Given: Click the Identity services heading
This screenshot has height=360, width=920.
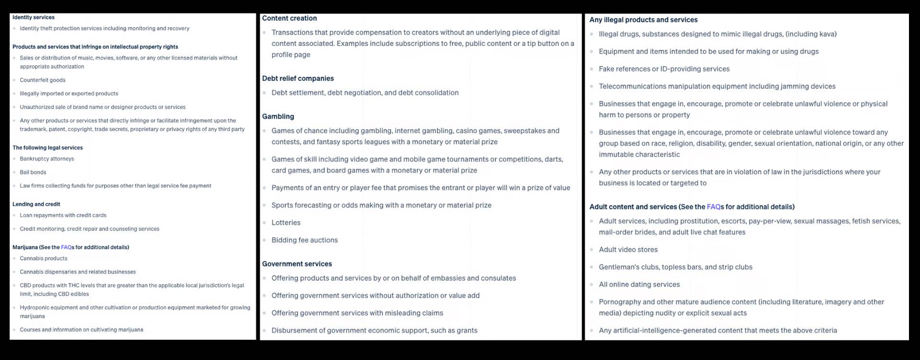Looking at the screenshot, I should click(34, 17).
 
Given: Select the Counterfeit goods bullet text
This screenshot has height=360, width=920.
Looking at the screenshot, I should click(43, 80).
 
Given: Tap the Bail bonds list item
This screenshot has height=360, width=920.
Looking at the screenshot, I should click(33, 172).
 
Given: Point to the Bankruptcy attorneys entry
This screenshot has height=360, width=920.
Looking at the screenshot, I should click(47, 159).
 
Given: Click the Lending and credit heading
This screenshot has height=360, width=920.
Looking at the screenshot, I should click(36, 204).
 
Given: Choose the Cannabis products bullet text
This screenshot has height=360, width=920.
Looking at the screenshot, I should click(44, 258).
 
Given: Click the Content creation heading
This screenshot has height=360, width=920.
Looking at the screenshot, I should click(289, 18).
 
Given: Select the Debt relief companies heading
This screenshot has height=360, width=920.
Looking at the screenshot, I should click(298, 78).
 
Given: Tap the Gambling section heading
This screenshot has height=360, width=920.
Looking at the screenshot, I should click(278, 116).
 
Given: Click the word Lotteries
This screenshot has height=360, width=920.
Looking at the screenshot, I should click(286, 222).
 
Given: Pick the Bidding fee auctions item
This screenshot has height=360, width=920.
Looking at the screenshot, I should click(305, 240).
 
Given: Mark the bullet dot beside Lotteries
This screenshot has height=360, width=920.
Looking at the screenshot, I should click(264, 223).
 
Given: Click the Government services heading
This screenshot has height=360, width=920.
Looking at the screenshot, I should click(297, 264).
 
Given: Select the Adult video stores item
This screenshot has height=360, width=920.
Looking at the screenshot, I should click(628, 250).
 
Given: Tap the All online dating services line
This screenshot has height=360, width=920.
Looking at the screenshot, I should click(639, 285).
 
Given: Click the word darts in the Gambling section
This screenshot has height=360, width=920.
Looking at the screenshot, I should click(554, 159).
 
